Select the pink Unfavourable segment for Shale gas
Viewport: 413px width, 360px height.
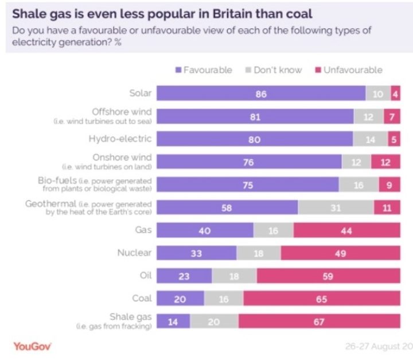click(x=319, y=322)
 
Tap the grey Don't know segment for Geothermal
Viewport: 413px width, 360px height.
click(x=336, y=208)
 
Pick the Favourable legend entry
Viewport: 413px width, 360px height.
click(x=203, y=69)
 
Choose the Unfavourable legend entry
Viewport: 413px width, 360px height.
click(x=348, y=69)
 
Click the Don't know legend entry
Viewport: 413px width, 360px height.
click(x=274, y=69)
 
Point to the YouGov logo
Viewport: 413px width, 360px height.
click(x=33, y=346)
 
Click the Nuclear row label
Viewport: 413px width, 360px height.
click(x=134, y=253)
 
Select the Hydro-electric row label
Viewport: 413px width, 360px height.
click(x=120, y=139)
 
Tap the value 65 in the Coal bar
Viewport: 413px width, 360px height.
click(x=321, y=299)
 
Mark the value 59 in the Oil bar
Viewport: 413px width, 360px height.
click(x=328, y=276)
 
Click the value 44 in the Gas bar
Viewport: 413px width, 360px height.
click(x=346, y=230)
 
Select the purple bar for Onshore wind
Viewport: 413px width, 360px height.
click(x=248, y=162)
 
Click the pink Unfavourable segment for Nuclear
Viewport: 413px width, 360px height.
click(x=340, y=253)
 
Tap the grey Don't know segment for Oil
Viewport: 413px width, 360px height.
click(x=234, y=276)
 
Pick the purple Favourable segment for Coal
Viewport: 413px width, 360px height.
click(x=180, y=299)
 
